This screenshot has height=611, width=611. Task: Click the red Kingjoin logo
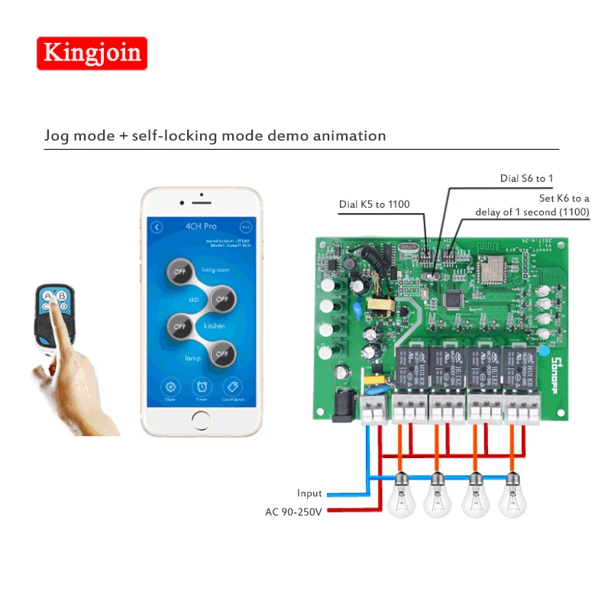point(92,53)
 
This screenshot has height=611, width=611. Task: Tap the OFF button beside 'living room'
point(179,272)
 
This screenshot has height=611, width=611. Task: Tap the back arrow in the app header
point(157,227)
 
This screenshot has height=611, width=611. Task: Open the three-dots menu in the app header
point(246,227)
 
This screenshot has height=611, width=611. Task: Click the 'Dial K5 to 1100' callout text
point(374,204)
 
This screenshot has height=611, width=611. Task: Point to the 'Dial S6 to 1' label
point(526,179)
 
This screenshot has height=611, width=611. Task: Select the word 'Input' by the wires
point(309,493)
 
